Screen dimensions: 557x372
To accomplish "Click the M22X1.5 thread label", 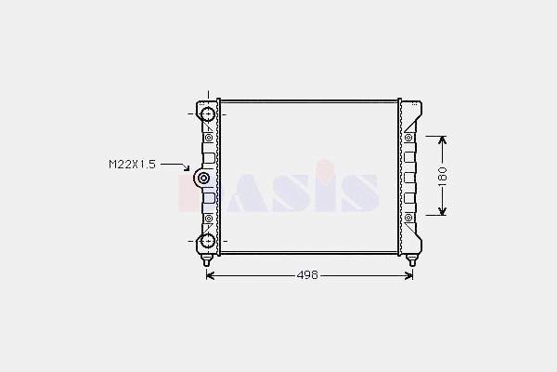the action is [132, 165].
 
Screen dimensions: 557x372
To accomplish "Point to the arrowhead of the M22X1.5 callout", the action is [187, 168].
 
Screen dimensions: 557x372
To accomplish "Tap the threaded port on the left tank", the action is [202, 178].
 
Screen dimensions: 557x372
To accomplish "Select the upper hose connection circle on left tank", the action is [208, 114].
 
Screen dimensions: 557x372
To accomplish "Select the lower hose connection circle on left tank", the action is [208, 242].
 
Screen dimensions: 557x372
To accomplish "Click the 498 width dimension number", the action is [307, 275].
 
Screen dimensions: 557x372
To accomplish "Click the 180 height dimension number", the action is [442, 176].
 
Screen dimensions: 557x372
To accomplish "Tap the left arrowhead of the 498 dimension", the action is [210, 275].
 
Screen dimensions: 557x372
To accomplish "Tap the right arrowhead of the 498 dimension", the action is [409, 275].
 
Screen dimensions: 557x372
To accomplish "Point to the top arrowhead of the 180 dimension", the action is [442, 139].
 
